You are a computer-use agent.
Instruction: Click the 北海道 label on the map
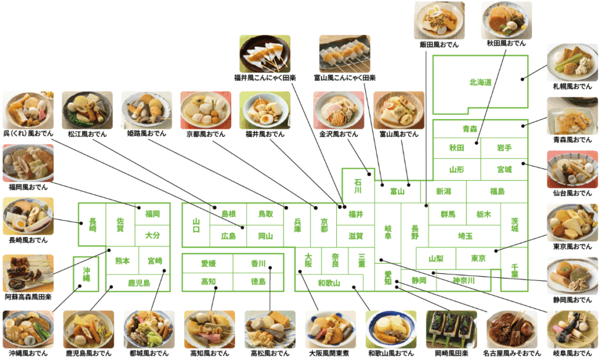pos(480,83)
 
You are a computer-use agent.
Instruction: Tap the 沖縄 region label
pos(86,274)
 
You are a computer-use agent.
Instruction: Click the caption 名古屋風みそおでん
pos(512,353)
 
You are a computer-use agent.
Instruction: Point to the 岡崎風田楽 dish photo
pos(451,329)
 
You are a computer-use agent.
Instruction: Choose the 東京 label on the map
pos(478,258)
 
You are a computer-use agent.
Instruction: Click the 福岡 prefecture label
pos(153,214)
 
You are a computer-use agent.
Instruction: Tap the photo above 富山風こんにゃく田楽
pos(344,54)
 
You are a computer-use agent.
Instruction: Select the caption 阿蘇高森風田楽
pos(28,297)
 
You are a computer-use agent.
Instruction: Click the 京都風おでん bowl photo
pos(206,110)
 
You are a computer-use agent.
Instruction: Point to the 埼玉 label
pos(465,236)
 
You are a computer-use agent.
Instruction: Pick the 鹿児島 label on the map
pos(139,283)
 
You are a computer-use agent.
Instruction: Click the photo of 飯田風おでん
pos(439,20)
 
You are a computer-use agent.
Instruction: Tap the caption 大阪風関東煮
pos(329,353)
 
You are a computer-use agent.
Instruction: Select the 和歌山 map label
pos(329,283)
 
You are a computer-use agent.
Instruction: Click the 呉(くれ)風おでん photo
pos(28,110)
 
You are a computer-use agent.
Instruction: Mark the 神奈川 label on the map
pos(464,280)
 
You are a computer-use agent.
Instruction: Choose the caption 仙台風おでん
pos(572,193)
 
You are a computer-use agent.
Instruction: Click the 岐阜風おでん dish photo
pos(572,329)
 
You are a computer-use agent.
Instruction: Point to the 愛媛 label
pos(208,264)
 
